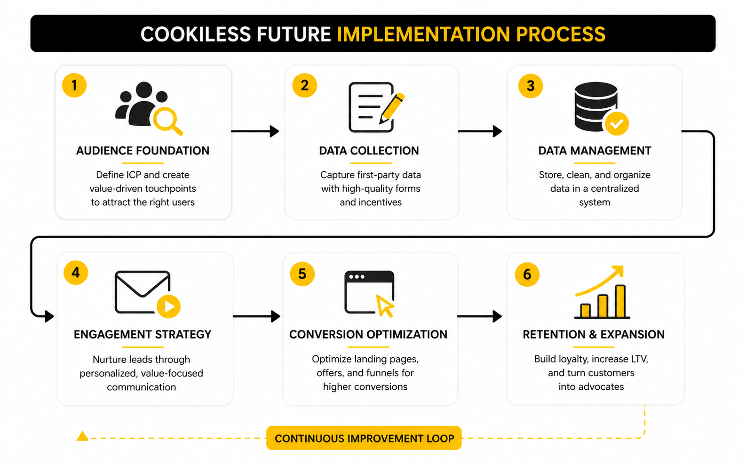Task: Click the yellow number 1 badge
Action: coord(74,85)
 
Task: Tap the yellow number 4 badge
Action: coord(76,273)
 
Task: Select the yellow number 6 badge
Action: coord(527,274)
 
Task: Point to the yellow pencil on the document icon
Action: coord(392,108)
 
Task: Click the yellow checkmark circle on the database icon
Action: coord(617,124)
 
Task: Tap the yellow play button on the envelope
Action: coord(168,306)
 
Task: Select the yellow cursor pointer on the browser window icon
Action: coord(385,306)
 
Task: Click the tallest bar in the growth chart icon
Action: coord(620,301)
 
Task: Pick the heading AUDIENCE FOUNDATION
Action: coord(143,151)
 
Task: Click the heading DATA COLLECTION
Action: coord(369,151)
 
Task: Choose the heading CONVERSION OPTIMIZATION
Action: coord(368,334)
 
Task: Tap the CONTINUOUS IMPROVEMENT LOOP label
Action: coord(364,438)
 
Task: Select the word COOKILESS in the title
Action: coord(196,34)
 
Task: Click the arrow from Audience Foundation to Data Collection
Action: coord(255,131)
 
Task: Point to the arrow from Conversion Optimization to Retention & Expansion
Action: coord(480,316)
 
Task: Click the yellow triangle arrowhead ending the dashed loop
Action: coord(82,436)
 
